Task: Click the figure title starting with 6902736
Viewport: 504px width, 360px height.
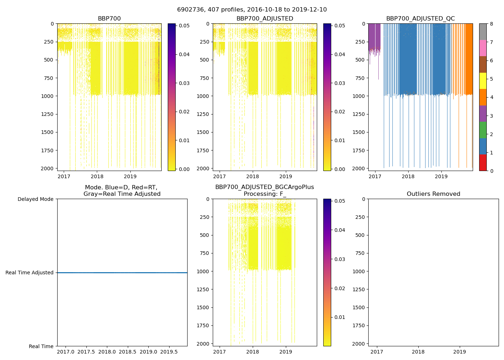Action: pos(252,10)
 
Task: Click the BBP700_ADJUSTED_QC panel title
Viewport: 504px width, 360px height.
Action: pos(420,19)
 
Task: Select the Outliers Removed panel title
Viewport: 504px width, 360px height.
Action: pos(433,194)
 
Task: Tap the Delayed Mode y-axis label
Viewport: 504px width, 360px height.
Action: pos(35,199)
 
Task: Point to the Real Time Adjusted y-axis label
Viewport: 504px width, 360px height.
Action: pos(29,273)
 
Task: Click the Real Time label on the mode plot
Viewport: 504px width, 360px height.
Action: pos(41,346)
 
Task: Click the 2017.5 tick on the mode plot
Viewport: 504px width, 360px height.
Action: pos(86,351)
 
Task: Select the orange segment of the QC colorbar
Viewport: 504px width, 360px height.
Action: pos(483,97)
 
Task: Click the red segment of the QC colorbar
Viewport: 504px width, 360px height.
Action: pos(483,163)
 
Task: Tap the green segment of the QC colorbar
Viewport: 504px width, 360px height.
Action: pos(483,130)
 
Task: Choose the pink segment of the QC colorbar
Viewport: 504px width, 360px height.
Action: pos(483,48)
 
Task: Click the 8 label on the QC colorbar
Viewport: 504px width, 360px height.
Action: pos(491,24)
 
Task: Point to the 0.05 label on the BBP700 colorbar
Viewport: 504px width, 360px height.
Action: pos(184,26)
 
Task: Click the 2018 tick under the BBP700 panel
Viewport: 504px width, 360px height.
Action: pos(97,176)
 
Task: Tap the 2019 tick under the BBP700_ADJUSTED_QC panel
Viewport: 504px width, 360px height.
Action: pos(441,176)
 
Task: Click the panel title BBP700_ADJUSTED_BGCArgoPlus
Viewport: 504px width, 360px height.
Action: pos(265,187)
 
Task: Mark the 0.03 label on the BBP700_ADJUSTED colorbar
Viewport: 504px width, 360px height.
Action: pos(340,83)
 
